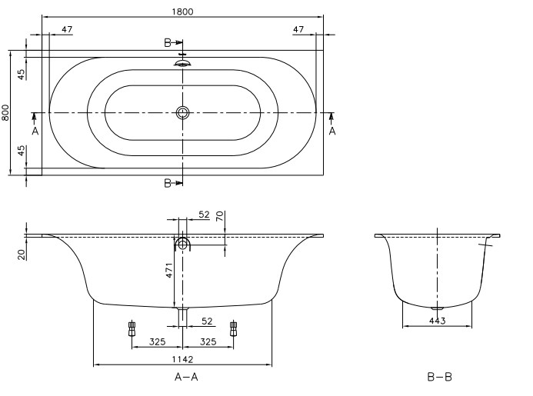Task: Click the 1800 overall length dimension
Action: pos(182,12)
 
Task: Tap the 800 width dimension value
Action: pos(6,112)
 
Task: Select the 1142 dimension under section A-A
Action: pos(182,359)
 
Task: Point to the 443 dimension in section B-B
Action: pos(437,321)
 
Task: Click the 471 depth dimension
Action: pos(170,270)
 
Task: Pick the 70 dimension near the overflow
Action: pos(220,216)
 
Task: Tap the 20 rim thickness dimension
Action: pos(22,255)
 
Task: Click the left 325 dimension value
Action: pos(157,341)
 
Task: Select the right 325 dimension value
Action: pos(208,341)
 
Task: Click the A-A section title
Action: pos(186,377)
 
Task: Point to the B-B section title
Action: pos(439,377)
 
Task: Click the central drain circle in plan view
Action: pos(182,112)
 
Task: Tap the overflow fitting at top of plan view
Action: pos(182,62)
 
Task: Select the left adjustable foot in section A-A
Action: pos(132,328)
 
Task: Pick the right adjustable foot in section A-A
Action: pos(233,328)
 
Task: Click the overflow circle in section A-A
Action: pos(183,244)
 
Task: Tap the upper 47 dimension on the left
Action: pos(67,29)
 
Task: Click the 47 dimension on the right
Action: pos(298,29)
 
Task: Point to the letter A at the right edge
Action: pos(332,131)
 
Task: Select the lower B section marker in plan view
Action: pos(173,183)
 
